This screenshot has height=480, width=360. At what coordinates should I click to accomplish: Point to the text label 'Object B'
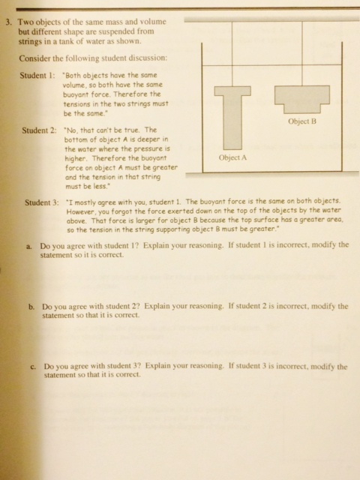tap(302, 121)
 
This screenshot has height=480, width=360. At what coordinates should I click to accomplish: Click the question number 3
tap(7, 22)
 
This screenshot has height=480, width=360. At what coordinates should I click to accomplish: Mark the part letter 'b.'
tap(31, 307)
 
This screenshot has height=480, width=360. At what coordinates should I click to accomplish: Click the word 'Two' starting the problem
tap(28, 22)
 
